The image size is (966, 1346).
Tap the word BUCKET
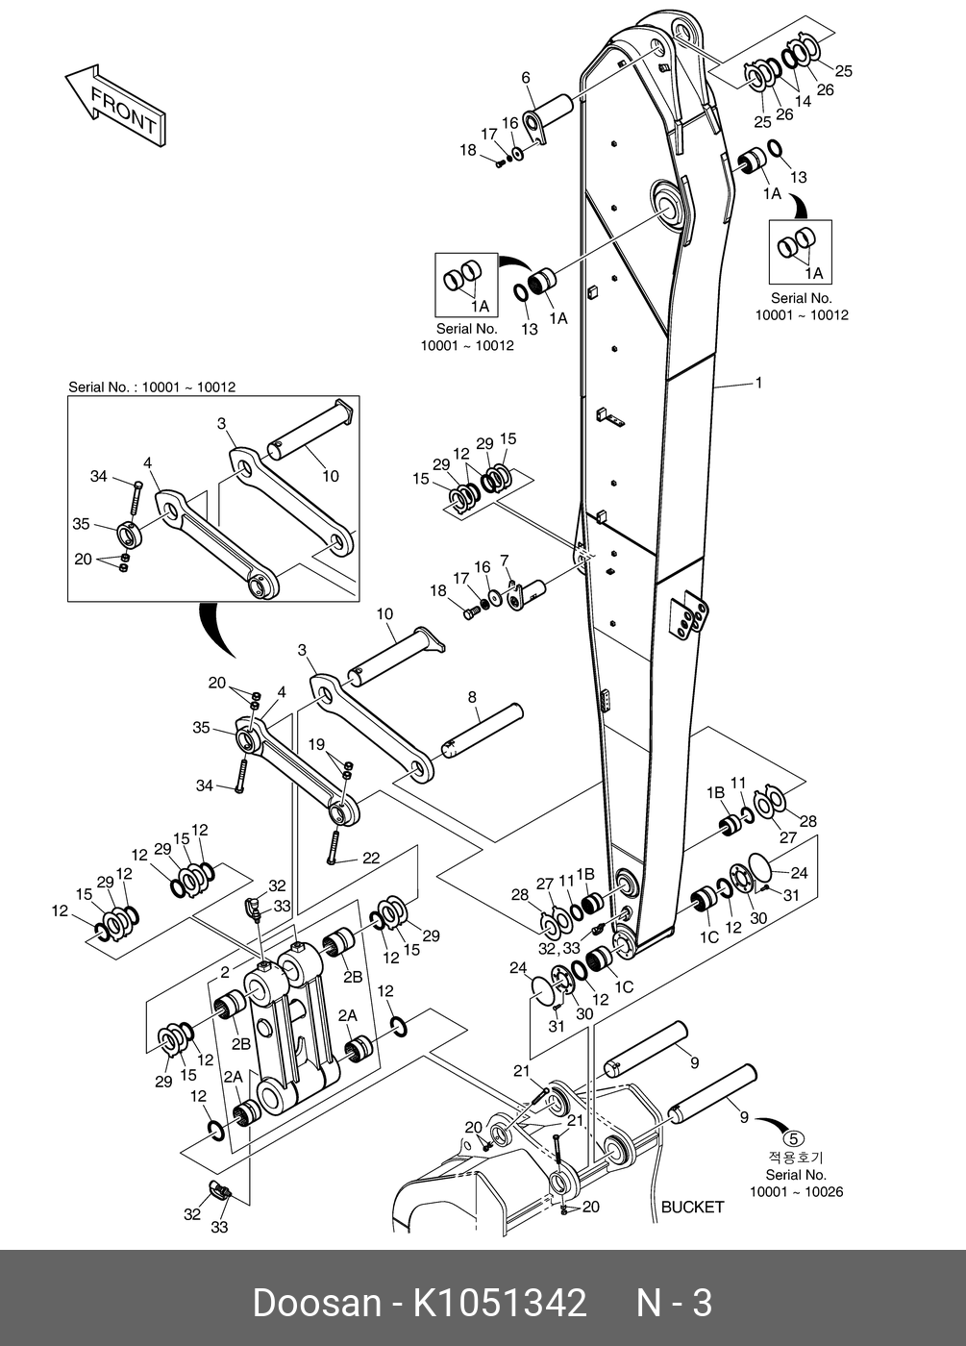pyautogui.click(x=692, y=1207)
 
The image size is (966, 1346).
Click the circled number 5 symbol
pyautogui.click(x=795, y=1140)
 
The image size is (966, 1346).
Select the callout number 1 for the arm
pyautogui.click(x=758, y=383)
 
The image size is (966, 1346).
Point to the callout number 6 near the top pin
pyautogui.click(x=526, y=77)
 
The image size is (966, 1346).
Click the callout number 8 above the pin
pyautogui.click(x=472, y=696)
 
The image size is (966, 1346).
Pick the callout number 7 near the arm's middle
pyautogui.click(x=504, y=560)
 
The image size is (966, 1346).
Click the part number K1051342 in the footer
pyautogui.click(x=499, y=1303)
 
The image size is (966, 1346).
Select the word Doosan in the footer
pyautogui.click(x=316, y=1303)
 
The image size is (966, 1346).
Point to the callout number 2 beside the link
pyautogui.click(x=224, y=973)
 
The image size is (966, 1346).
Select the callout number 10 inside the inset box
pyautogui.click(x=330, y=476)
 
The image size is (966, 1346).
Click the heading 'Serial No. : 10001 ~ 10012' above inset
pyautogui.click(x=152, y=387)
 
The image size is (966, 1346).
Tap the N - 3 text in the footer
pyautogui.click(x=675, y=1303)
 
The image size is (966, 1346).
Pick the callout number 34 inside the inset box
pyautogui.click(x=99, y=475)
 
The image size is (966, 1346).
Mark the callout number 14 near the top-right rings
pyautogui.click(x=804, y=101)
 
